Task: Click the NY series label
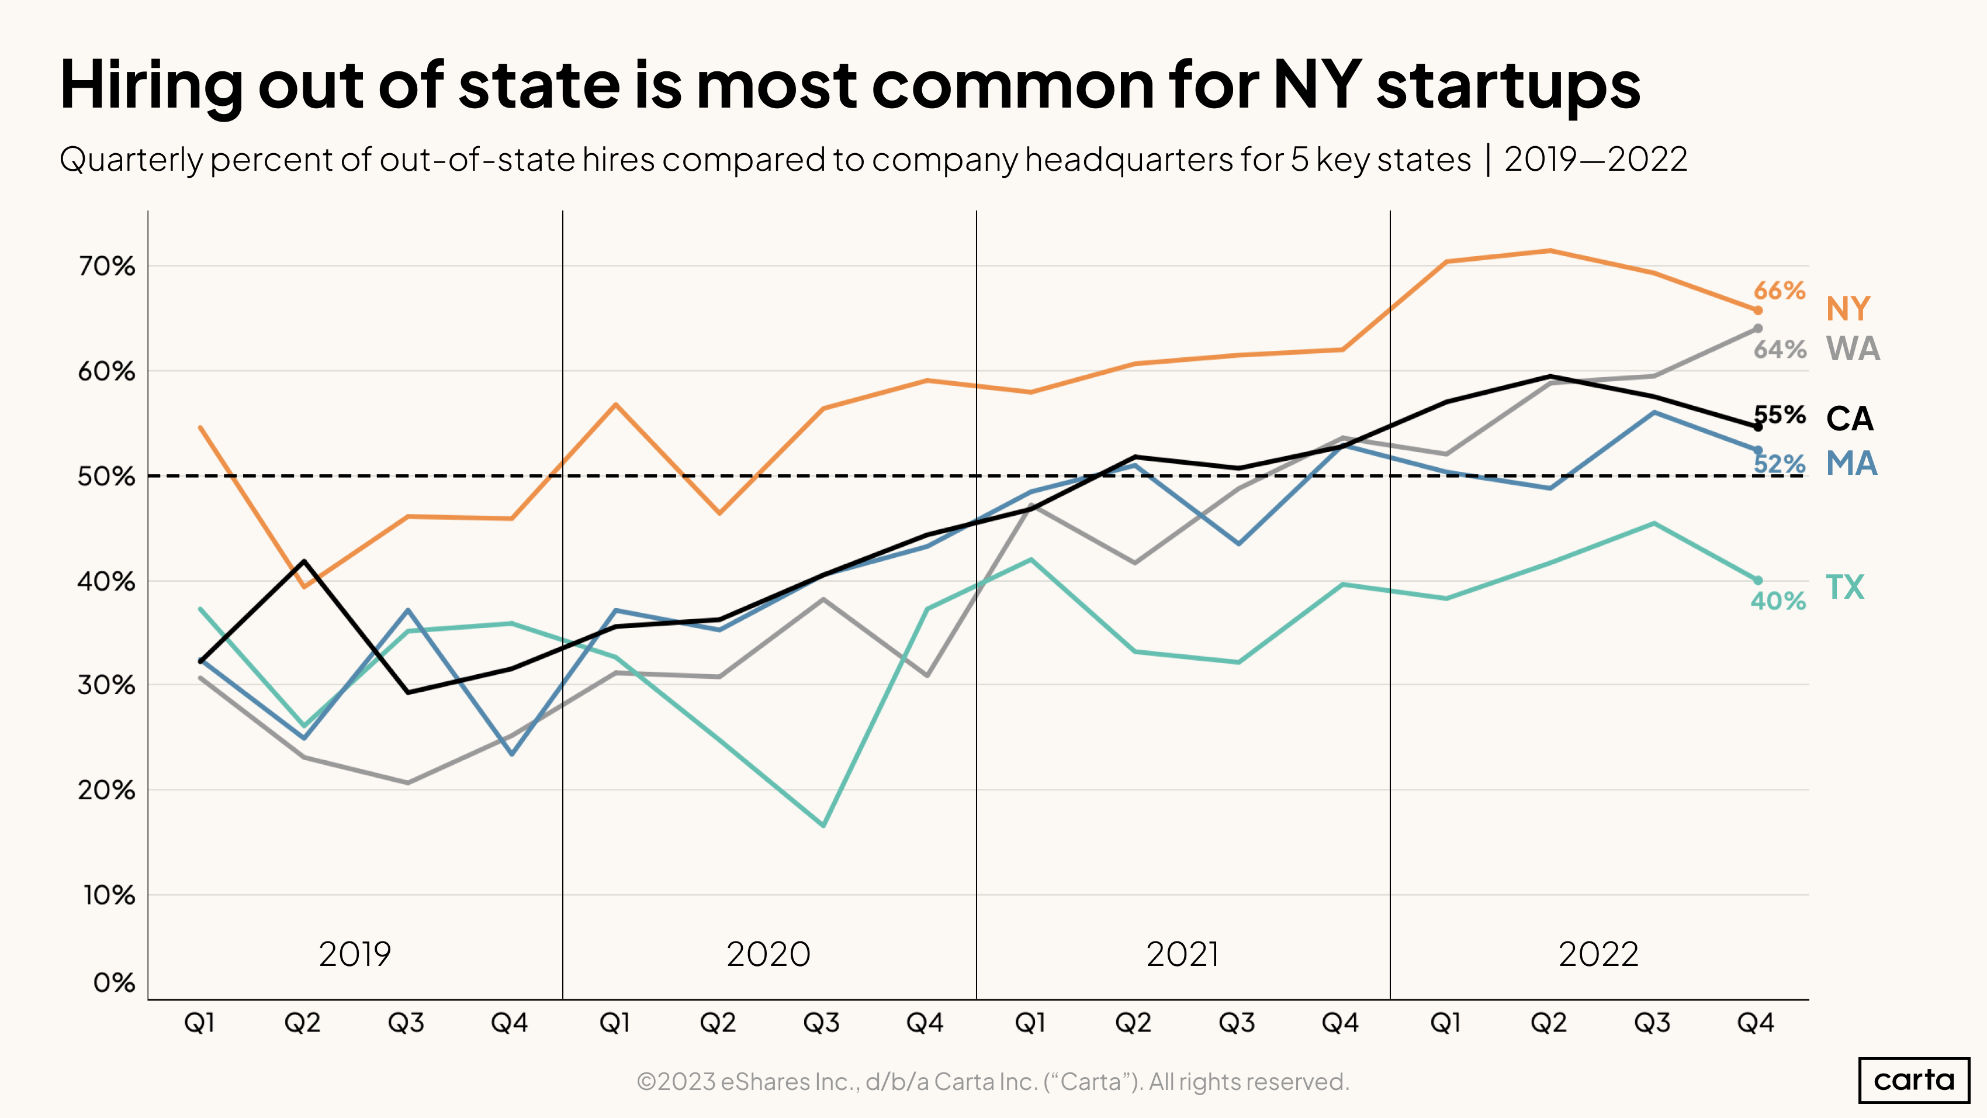[1847, 309]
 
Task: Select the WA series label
[1853, 348]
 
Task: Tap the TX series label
[1844, 587]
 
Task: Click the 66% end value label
[1779, 290]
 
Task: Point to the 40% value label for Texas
[1778, 601]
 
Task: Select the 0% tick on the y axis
[114, 983]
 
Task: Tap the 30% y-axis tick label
[106, 685]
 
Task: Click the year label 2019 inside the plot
[355, 954]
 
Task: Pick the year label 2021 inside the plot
[1182, 954]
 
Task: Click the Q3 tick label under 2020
[822, 1023]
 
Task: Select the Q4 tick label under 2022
[1756, 1023]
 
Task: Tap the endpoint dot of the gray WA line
[1758, 329]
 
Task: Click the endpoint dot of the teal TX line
[1758, 580]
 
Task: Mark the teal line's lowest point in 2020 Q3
[824, 826]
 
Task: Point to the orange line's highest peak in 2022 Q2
[1550, 250]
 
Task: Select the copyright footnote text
[993, 1082]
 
